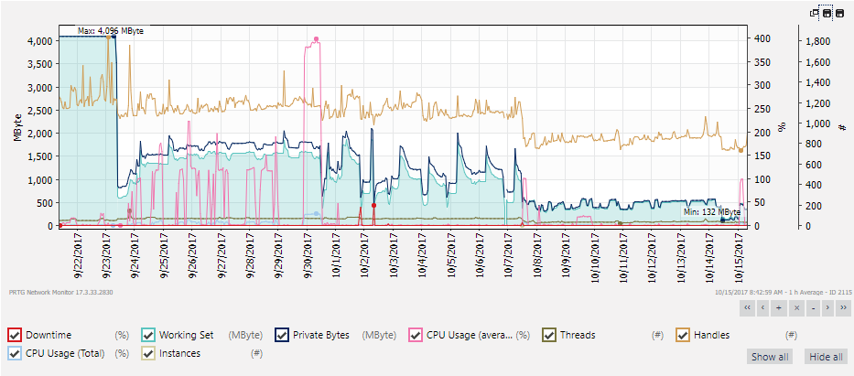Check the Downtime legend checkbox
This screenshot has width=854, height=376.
click(x=15, y=335)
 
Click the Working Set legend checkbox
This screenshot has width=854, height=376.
click(x=148, y=335)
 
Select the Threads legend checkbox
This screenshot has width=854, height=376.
click(x=549, y=335)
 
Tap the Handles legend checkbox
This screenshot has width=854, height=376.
click(x=683, y=335)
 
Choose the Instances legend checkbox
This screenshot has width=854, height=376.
click(x=148, y=352)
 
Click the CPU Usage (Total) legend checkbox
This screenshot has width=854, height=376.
click(x=15, y=352)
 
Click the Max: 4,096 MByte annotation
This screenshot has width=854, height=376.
click(x=110, y=30)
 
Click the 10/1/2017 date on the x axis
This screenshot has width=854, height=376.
click(x=338, y=255)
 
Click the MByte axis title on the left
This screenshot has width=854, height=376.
click(x=17, y=127)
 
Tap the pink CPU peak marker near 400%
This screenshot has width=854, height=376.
click(x=316, y=39)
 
